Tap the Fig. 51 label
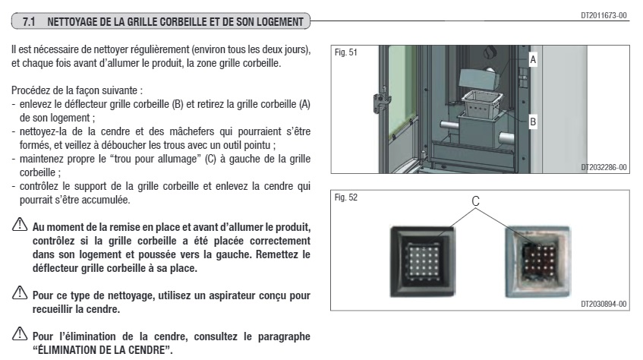pyautogui.click(x=345, y=53)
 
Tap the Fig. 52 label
pyautogui.click(x=345, y=197)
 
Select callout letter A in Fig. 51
pyautogui.click(x=533, y=58)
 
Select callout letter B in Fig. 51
pyautogui.click(x=533, y=121)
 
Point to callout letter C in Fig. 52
pyautogui.click(x=476, y=202)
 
